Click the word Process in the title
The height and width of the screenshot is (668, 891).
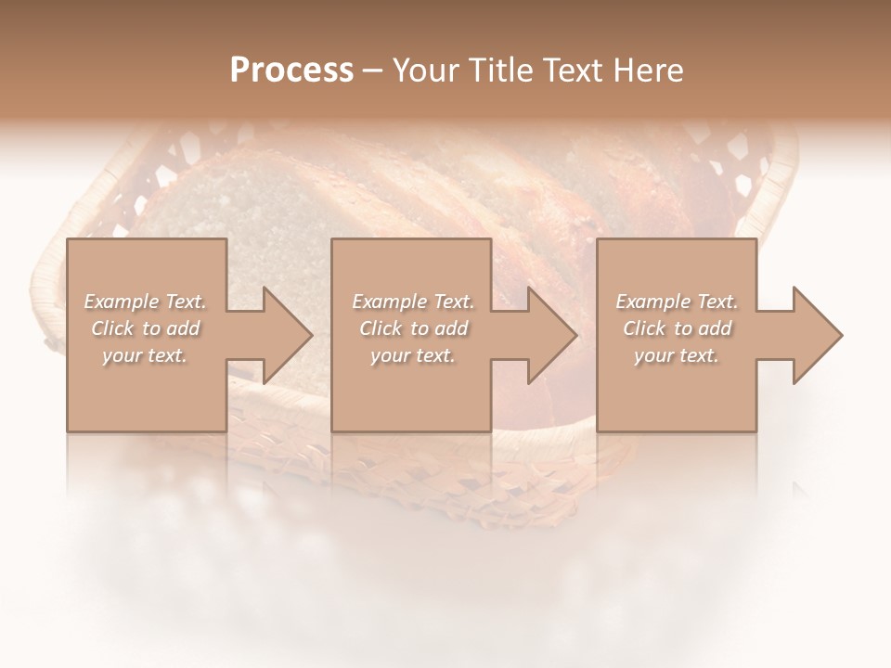[291, 71]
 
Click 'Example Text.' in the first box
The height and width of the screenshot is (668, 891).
[146, 302]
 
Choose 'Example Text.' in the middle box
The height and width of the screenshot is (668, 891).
[413, 302]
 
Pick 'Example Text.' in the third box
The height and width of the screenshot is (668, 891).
[677, 302]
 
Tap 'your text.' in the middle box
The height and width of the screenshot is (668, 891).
[412, 355]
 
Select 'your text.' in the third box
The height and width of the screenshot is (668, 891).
[676, 355]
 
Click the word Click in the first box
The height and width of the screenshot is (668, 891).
[113, 328]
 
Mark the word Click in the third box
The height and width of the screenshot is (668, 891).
[645, 328]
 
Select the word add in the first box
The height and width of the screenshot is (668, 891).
[182, 328]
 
